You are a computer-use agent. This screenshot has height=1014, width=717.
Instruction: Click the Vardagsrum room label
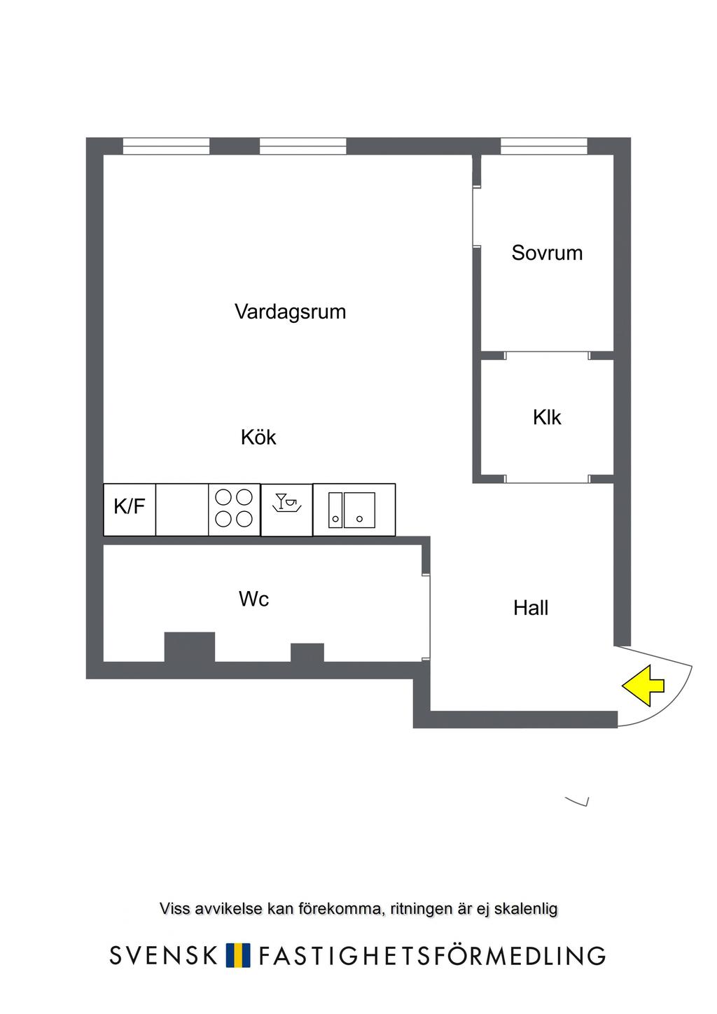[290, 312]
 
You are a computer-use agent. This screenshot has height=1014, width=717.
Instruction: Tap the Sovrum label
[547, 253]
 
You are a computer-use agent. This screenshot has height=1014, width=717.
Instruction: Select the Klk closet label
[547, 417]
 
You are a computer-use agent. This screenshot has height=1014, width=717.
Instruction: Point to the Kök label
[258, 438]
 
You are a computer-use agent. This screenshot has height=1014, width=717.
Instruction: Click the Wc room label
[253, 599]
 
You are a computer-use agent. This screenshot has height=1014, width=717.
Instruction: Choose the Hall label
[531, 608]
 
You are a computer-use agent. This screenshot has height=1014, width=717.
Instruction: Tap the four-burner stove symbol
[234, 509]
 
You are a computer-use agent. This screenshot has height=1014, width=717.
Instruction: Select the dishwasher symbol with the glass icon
[286, 509]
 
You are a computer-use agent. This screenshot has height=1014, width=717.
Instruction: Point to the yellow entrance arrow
[643, 686]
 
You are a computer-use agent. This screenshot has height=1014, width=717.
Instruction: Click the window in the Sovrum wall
[543, 146]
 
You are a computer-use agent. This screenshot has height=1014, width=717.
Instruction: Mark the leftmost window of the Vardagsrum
[166, 146]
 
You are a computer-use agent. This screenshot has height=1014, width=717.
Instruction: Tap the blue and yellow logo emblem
[238, 955]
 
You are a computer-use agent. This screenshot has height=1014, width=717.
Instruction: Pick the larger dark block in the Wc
[190, 646]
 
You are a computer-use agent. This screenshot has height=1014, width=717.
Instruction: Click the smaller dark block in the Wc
[307, 652]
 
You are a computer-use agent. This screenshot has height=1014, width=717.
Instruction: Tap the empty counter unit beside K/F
[182, 509]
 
